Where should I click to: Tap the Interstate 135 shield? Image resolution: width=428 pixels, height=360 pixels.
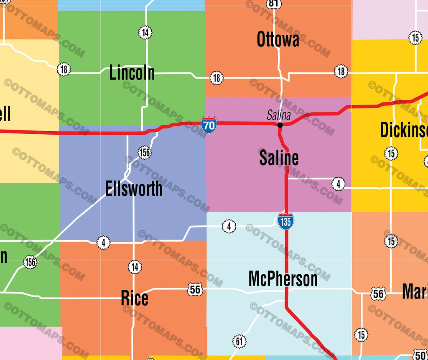point(285,221)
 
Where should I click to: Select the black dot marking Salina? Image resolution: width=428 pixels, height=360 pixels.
point(280,125)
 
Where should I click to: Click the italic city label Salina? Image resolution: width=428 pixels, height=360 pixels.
point(279,115)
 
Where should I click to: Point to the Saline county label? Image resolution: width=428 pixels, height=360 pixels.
point(279,158)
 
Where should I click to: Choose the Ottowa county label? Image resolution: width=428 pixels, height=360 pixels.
point(278,40)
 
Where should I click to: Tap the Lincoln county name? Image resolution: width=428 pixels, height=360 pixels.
point(132,73)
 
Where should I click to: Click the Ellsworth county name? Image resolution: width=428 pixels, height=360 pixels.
point(134,189)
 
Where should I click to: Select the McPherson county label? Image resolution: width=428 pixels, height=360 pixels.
point(283,279)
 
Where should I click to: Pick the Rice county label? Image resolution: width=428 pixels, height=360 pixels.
point(135,299)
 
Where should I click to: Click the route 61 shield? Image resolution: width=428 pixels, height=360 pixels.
point(239,342)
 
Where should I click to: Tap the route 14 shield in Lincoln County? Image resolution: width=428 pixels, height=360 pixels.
point(145,32)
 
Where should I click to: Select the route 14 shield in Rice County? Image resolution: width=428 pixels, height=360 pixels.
point(135,267)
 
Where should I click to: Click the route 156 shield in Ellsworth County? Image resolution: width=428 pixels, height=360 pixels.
point(144,153)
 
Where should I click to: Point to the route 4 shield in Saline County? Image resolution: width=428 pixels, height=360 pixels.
point(339,183)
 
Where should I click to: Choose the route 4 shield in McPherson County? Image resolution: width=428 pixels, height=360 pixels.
point(229,226)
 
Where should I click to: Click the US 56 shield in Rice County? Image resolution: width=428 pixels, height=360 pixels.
point(195,289)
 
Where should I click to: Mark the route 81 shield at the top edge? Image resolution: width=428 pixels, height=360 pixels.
point(273,4)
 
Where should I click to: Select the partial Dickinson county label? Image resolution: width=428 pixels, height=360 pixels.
point(404,130)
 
